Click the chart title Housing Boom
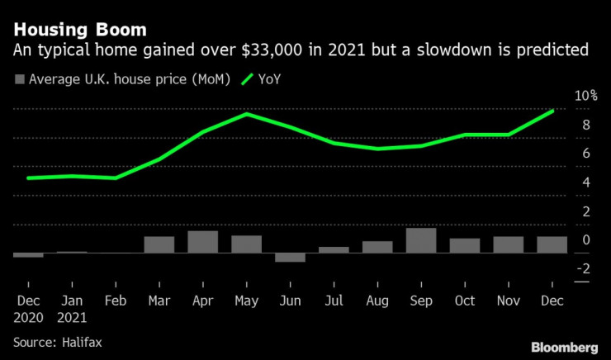click(x=80, y=29)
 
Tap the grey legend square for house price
click(x=18, y=80)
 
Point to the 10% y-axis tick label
click(x=586, y=96)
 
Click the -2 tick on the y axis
click(x=583, y=268)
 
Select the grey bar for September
click(x=421, y=240)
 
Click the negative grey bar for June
click(x=290, y=257)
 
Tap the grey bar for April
click(x=202, y=241)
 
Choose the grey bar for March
click(x=159, y=244)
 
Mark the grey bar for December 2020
click(x=28, y=255)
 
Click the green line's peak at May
click(x=247, y=114)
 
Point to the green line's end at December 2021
click(x=552, y=110)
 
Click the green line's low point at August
click(x=377, y=149)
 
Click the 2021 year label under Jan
click(x=72, y=315)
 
